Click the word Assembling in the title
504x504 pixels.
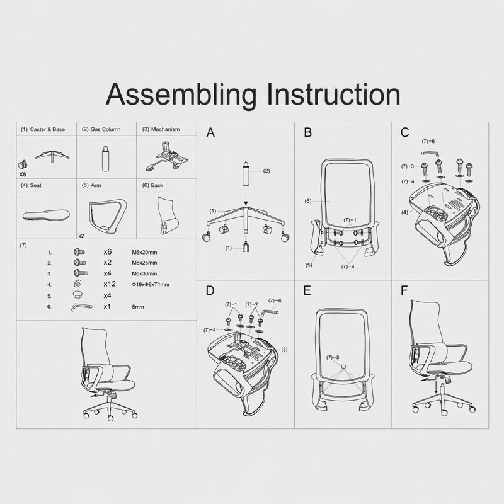tap(181, 96)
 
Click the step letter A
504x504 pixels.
tap(210, 132)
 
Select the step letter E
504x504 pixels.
tap(307, 290)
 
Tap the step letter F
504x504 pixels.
tap(404, 290)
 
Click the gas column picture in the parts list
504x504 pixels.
tap(105, 159)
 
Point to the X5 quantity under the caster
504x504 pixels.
tap(23, 175)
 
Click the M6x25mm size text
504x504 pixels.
tap(144, 263)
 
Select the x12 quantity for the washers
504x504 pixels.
tap(109, 284)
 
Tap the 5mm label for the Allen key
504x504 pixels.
tap(138, 307)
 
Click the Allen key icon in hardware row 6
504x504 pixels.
tap(82, 307)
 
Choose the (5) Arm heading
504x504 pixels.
tap(91, 185)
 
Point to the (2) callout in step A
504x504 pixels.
tap(266, 171)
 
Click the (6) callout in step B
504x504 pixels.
tap(308, 201)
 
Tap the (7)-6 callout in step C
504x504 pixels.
tap(428, 141)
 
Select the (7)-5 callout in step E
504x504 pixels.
tap(333, 357)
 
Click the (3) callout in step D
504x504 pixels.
tap(285, 350)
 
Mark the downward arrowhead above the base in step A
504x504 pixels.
tap(246, 203)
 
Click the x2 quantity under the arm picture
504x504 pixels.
tap(81, 236)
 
